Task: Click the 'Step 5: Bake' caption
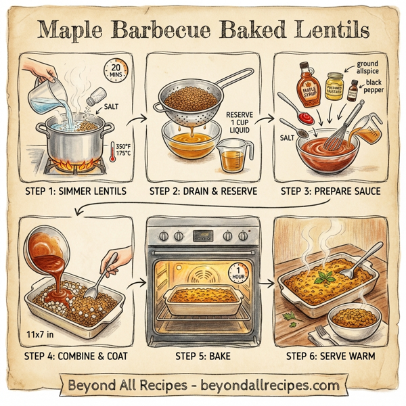(203, 355)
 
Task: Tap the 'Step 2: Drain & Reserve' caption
(203, 192)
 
